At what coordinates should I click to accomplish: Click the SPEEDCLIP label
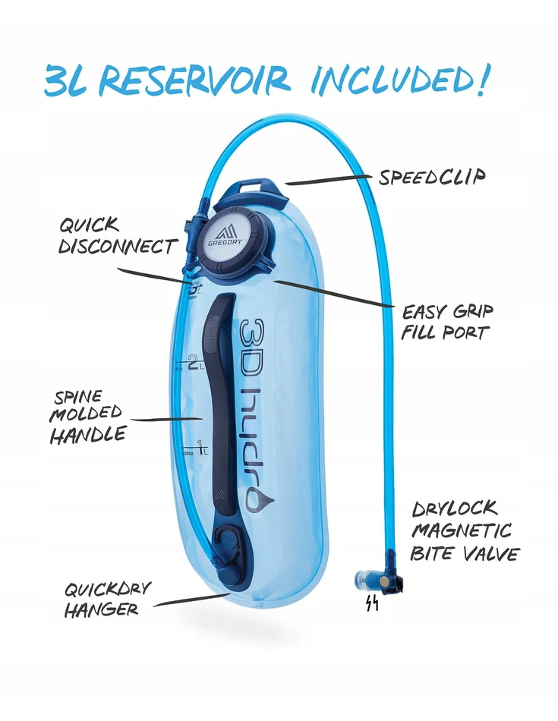[431, 178]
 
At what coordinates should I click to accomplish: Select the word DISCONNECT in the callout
[118, 247]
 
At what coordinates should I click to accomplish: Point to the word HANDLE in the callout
[88, 435]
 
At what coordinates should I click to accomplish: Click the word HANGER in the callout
[101, 610]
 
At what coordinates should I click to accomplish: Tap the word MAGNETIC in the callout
[462, 531]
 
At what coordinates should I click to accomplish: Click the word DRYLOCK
[455, 509]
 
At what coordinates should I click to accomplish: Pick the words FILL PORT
[444, 332]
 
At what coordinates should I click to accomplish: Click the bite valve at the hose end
[379, 581]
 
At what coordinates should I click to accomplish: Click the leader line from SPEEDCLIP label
[328, 180]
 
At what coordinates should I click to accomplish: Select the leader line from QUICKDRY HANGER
[191, 599]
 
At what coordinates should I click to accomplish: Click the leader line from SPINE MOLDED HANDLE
[166, 420]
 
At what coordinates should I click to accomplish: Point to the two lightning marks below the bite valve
[372, 603]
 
